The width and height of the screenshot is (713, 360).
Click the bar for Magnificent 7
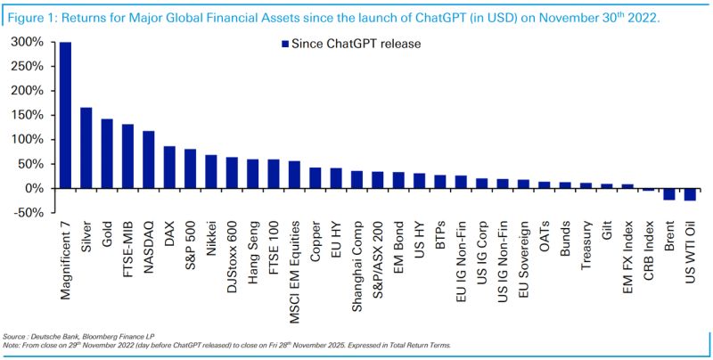(65, 116)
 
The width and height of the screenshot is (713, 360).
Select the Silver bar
(86, 148)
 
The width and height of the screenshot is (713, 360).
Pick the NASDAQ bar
(148, 160)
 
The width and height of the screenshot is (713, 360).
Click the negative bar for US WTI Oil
(689, 194)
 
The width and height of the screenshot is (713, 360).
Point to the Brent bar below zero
(668, 194)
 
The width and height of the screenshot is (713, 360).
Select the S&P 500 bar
(189, 169)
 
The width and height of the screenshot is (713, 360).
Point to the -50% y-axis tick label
(30, 213)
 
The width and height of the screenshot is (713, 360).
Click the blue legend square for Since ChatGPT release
(284, 44)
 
